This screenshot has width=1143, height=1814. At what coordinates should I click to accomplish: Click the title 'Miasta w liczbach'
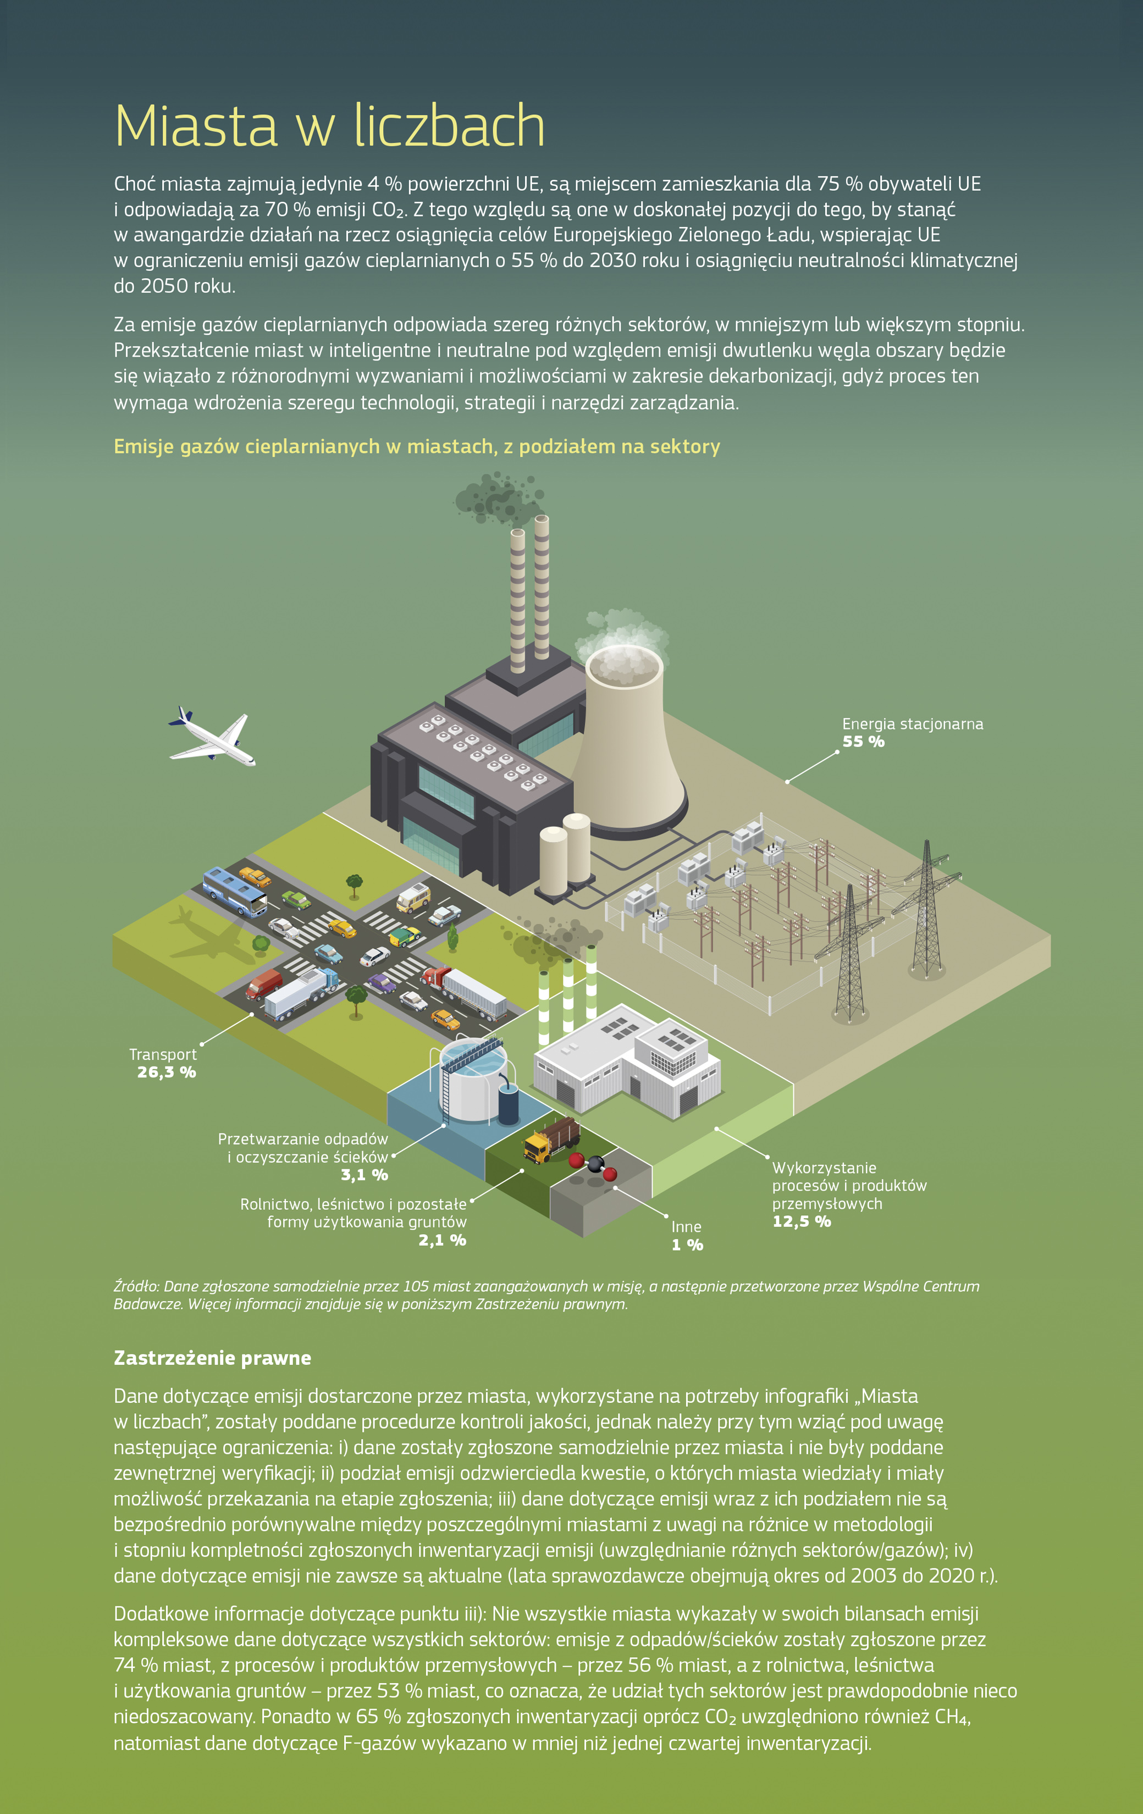coord(329,126)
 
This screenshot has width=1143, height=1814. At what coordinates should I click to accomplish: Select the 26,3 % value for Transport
coord(167,1072)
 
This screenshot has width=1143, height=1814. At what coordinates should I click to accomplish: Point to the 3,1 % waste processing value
coord(364,1175)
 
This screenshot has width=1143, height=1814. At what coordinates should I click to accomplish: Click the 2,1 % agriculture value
coord(442,1240)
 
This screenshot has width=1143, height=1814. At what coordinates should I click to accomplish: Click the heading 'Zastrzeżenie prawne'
coord(212,1358)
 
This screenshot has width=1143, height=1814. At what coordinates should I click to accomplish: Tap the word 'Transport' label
coord(162,1055)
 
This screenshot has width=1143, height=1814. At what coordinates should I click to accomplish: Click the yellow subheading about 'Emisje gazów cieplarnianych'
coord(417,447)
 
